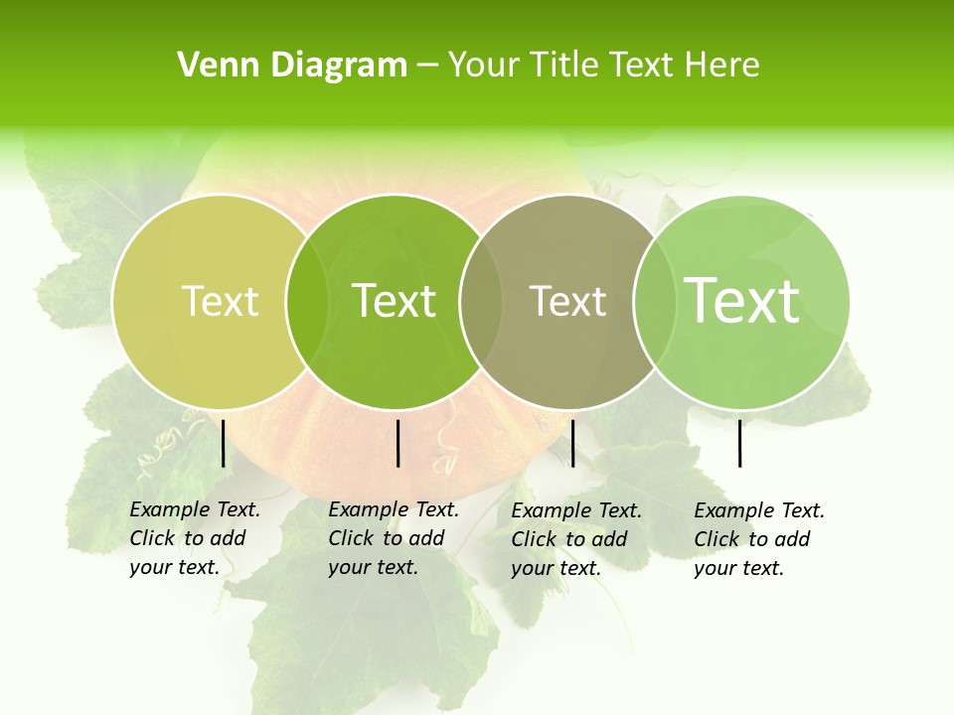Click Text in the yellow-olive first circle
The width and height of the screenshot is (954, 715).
click(220, 301)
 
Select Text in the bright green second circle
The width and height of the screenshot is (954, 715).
click(394, 301)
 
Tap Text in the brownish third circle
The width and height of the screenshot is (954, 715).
click(567, 301)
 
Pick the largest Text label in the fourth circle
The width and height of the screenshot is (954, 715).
click(741, 301)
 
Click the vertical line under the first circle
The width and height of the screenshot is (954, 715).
click(223, 443)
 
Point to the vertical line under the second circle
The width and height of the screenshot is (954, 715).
click(397, 443)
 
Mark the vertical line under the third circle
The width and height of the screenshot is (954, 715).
click(572, 443)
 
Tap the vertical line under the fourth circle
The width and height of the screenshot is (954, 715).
click(739, 443)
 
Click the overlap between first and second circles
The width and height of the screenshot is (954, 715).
click(307, 301)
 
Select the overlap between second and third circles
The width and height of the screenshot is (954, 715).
click(481, 301)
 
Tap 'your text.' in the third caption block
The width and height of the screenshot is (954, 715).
click(556, 568)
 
